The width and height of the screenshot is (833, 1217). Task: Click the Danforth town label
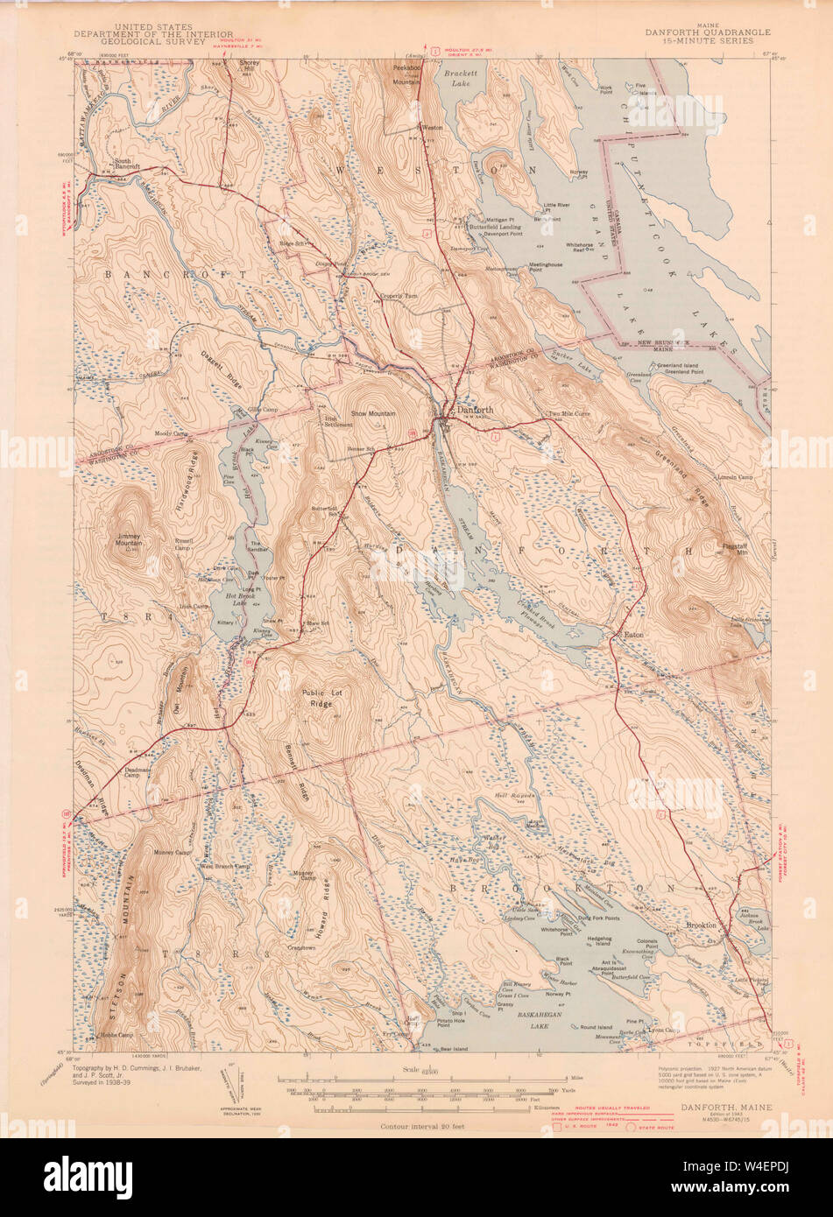coord(474,409)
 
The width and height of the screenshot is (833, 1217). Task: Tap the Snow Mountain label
coord(373,413)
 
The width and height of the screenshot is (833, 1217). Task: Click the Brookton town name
coord(701,925)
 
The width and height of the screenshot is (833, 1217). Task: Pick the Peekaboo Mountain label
coord(406,74)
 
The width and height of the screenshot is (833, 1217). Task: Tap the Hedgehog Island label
coord(592,939)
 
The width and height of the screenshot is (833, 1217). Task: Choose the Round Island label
coord(596,1027)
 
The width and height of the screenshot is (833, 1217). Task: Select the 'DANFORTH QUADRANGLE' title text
coord(708,32)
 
